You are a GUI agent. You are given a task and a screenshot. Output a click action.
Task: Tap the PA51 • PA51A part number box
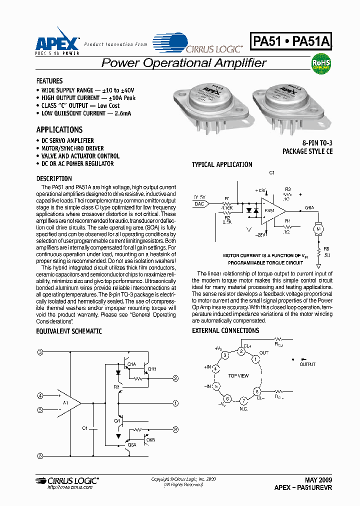291,42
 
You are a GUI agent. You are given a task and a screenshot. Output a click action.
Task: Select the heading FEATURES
49,81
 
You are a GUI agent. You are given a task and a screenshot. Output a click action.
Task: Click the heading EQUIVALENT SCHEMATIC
69,331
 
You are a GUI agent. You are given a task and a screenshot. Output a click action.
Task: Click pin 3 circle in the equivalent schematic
40,352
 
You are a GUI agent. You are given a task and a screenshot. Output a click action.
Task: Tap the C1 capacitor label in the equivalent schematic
85,428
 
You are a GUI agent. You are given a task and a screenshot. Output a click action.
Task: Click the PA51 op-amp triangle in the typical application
270,210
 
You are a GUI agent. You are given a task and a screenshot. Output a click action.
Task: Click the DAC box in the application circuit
199,203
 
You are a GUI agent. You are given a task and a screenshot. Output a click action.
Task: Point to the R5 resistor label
326,248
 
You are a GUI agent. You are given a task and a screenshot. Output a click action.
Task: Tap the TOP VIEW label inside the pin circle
238,375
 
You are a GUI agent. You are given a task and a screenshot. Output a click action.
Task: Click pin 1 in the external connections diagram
255,358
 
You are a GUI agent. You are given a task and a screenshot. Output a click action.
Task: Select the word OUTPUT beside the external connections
307,364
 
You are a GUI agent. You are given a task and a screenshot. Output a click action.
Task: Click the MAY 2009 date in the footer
318,479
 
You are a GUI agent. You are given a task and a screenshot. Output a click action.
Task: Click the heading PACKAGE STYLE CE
307,151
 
